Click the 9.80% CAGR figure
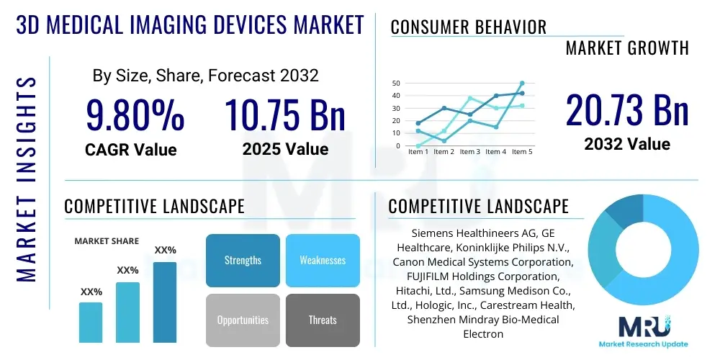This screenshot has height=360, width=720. pyautogui.click(x=135, y=114)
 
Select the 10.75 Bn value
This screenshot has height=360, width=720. pyautogui.click(x=285, y=114)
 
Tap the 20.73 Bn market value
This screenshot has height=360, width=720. pyautogui.click(x=627, y=110)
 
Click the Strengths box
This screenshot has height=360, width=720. pyautogui.click(x=243, y=260)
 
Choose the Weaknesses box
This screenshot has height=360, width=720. pyautogui.click(x=323, y=260)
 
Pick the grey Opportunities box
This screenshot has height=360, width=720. pyautogui.click(x=243, y=320)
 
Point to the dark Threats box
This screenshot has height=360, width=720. pyautogui.click(x=323, y=320)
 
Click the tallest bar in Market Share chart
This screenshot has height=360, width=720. pyautogui.click(x=165, y=302)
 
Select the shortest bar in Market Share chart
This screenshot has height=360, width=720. pyautogui.click(x=91, y=322)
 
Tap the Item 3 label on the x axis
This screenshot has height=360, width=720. pyautogui.click(x=470, y=152)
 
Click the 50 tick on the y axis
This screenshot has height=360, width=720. pyautogui.click(x=396, y=84)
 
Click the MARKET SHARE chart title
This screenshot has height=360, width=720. pyautogui.click(x=107, y=241)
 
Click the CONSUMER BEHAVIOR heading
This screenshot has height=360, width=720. pyautogui.click(x=469, y=27)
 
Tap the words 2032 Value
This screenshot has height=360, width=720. pyautogui.click(x=627, y=144)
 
